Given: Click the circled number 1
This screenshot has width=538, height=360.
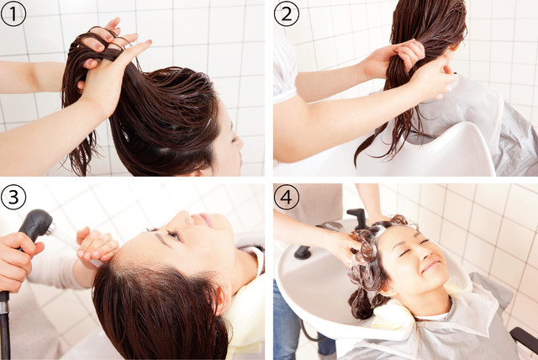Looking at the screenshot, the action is (13, 13).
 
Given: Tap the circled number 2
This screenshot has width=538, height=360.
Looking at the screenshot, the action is (286, 13).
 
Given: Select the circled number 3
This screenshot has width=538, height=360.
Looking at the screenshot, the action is (13, 197).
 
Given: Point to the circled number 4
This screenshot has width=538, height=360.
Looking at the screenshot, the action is (286, 197).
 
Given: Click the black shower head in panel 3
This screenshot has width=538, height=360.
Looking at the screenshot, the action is (35, 224).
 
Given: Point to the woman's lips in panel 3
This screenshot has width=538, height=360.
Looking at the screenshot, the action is (205, 219).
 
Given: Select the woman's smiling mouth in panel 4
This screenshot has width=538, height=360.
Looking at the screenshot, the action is (431, 266).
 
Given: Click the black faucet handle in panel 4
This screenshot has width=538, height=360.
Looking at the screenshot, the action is (356, 218).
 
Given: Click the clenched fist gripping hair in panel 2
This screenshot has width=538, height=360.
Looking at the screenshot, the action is (409, 55).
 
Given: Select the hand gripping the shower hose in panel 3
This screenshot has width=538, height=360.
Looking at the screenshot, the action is (15, 261).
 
